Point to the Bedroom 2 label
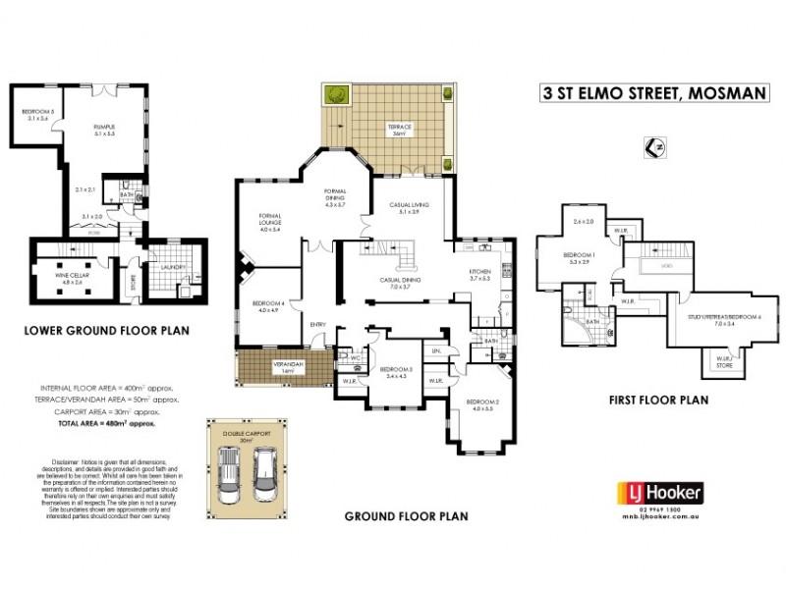coord(483,404)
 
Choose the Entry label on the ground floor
coord(318,326)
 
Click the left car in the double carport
coord(229,478)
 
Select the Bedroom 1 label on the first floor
coord(578,258)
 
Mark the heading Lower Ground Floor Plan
coord(106,332)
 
